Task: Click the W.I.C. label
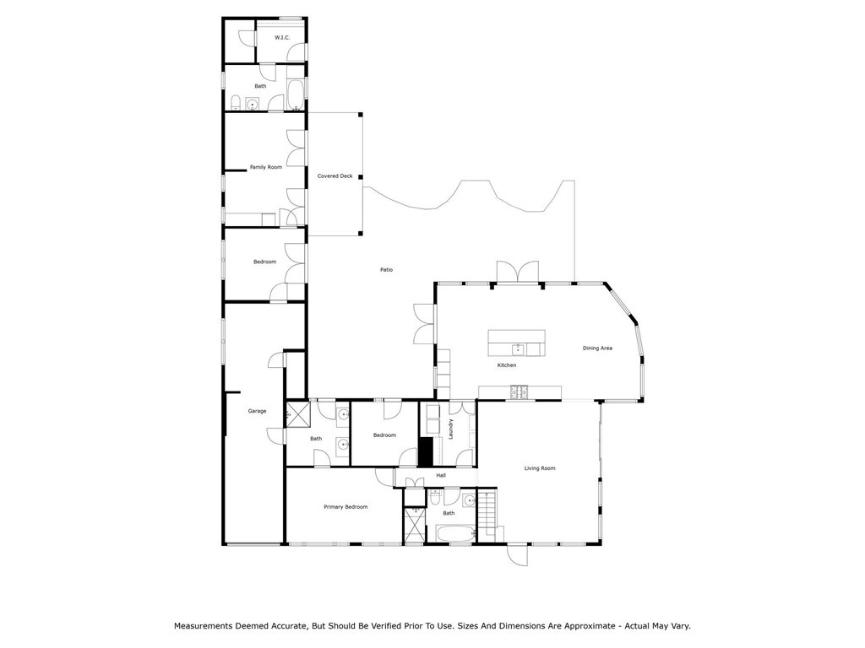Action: (x=282, y=38)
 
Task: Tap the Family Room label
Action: (x=266, y=167)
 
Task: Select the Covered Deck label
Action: (x=335, y=176)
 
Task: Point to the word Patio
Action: (x=386, y=270)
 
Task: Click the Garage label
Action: (x=257, y=411)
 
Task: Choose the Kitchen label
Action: (x=507, y=365)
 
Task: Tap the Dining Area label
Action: (x=597, y=348)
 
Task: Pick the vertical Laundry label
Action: (x=451, y=429)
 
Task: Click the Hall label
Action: (x=441, y=476)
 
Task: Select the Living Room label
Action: (x=540, y=468)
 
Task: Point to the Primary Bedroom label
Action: (x=345, y=507)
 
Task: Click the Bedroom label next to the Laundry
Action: (x=384, y=435)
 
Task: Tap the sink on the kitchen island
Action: (x=518, y=349)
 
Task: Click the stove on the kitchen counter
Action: (x=520, y=391)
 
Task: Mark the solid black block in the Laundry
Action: (x=426, y=452)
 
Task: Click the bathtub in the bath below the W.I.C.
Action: (x=295, y=95)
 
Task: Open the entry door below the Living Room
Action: (x=518, y=554)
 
